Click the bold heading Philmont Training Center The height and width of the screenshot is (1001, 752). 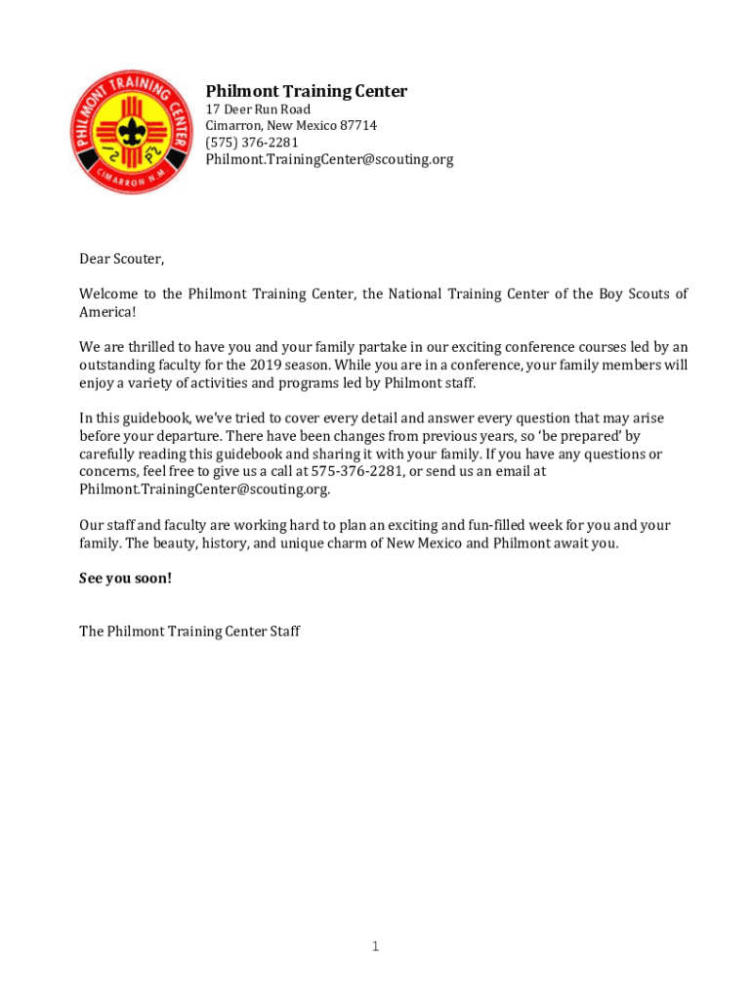[x=306, y=92]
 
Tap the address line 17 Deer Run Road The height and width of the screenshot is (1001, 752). [x=258, y=109]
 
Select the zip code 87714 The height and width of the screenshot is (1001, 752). [x=357, y=126]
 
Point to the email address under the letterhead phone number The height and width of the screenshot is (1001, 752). [x=329, y=159]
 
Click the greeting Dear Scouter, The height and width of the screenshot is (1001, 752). [x=122, y=259]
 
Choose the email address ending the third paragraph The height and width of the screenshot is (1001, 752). [x=204, y=489]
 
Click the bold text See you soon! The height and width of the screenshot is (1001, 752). [x=125, y=579]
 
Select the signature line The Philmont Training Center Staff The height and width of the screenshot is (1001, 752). [x=189, y=631]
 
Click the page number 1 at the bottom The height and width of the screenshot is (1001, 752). [x=375, y=946]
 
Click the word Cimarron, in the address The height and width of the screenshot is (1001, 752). [x=234, y=126]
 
